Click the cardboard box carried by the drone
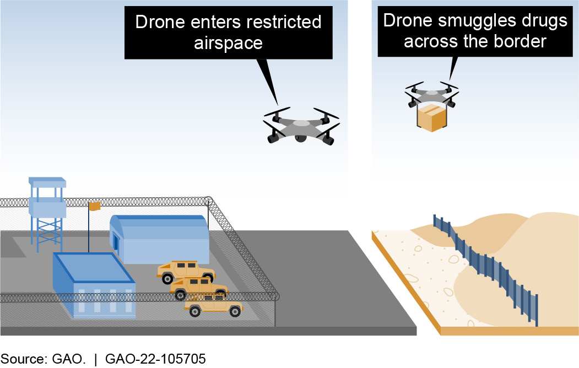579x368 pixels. tap(431, 117)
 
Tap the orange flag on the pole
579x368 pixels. tap(94, 206)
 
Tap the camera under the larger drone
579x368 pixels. tap(301, 138)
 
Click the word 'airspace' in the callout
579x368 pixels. tap(228, 42)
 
